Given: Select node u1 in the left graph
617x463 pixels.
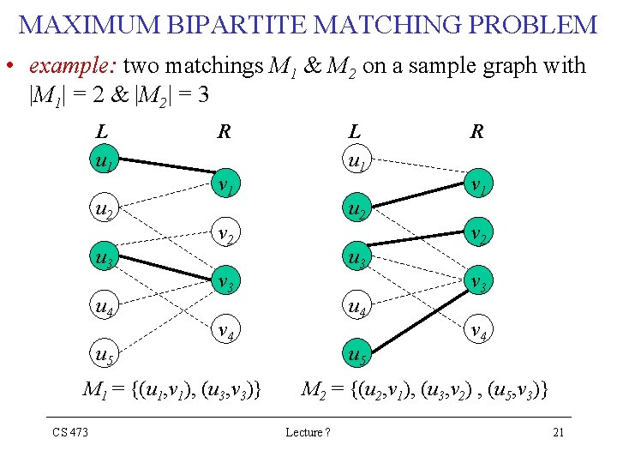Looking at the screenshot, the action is click(x=105, y=160).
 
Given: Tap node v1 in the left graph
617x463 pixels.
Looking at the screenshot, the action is click(x=225, y=184).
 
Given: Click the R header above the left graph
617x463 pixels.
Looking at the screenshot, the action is click(x=225, y=131).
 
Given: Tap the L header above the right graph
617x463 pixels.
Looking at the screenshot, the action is click(x=354, y=131).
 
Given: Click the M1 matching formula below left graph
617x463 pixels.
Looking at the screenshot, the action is click(x=171, y=390).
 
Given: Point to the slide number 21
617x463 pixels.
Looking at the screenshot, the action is click(x=558, y=431).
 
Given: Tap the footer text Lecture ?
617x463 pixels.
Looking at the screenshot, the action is click(x=308, y=431).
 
